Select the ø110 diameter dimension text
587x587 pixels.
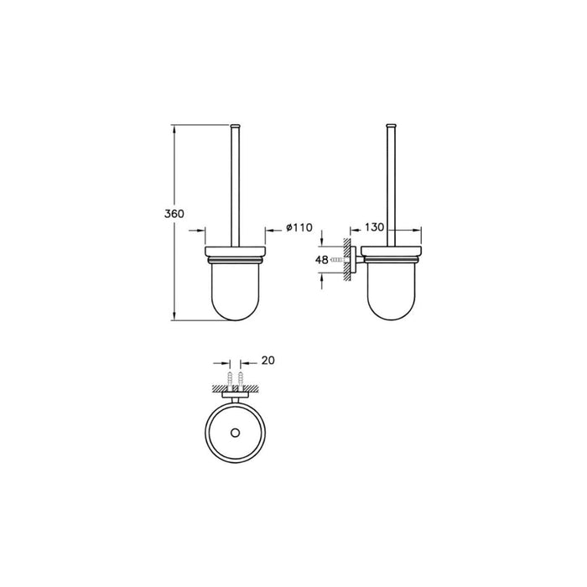pos(299,227)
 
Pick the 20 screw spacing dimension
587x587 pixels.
pos(268,361)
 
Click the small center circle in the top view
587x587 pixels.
pos(236,434)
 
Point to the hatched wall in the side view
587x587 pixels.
pos(346,260)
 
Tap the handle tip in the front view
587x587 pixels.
pos(236,126)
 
